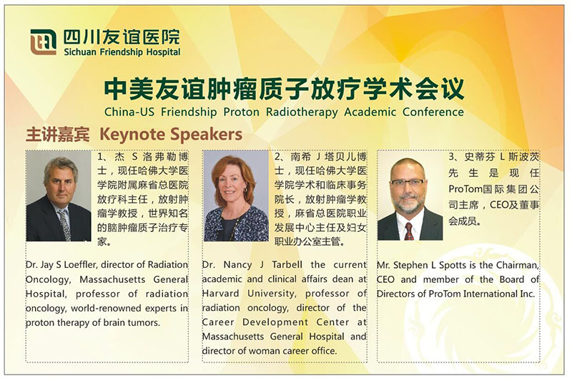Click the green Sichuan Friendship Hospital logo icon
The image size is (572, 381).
click(43, 42)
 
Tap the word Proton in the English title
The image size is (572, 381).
click(241, 112)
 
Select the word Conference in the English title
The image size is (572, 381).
click(433, 112)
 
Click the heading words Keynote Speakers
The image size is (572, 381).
click(171, 134)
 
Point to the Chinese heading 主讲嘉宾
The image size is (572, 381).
click(57, 135)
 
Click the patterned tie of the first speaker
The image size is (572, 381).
click(64, 224)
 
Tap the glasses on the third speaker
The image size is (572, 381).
click(407, 182)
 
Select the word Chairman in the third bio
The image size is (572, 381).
click(518, 266)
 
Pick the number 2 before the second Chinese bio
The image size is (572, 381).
click(277, 157)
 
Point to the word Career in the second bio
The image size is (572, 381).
click(218, 322)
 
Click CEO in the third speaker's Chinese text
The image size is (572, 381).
click(498, 205)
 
